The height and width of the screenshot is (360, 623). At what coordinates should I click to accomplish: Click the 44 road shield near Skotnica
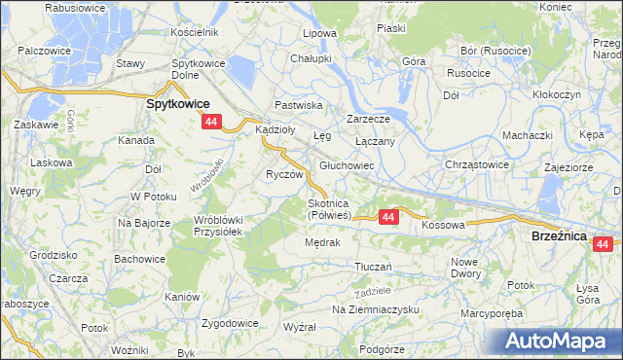pos(388,217)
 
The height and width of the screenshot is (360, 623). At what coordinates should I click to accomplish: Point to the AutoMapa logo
pos(563,341)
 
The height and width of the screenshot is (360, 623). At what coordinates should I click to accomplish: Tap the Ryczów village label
pos(285,174)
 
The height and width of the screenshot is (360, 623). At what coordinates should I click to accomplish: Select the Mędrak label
pos(321,242)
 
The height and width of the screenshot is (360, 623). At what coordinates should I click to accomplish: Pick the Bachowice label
pos(138,258)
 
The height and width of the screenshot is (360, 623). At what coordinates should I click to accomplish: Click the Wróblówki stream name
pos(207,173)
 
